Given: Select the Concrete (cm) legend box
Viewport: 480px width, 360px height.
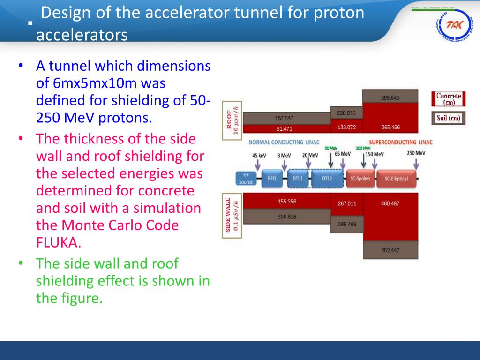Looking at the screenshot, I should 448,99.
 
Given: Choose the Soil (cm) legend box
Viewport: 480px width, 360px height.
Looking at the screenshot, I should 448,118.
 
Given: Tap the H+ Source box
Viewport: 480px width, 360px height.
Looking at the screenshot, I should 246,179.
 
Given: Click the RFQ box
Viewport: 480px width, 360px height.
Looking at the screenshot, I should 272,179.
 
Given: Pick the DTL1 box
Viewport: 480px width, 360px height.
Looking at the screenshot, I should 298,179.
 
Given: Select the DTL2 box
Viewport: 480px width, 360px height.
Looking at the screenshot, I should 327,179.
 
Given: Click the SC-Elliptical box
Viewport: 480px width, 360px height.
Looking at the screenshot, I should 396,179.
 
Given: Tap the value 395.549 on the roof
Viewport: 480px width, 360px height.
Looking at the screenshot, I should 390,98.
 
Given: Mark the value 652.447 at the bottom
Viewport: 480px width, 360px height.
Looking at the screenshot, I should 390,250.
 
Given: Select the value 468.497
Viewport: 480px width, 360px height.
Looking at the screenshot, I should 390,203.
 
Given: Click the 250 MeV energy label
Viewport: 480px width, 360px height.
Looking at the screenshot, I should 416,153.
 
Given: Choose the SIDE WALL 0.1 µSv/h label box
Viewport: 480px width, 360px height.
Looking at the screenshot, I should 232,216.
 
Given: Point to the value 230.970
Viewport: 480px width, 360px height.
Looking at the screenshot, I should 346,113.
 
